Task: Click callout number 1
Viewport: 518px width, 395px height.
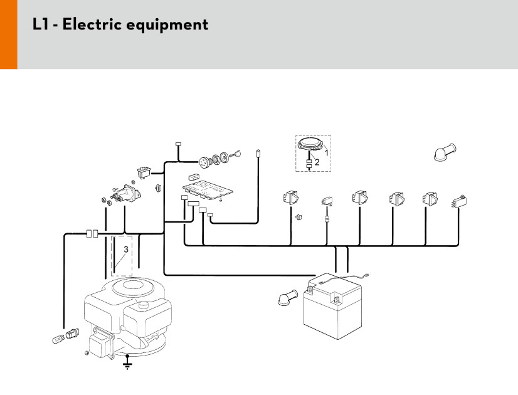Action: [326, 151]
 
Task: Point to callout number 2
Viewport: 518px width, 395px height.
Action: [317, 162]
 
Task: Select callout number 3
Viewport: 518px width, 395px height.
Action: [125, 250]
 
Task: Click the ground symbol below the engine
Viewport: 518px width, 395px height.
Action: [128, 362]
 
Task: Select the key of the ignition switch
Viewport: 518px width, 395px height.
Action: [236, 152]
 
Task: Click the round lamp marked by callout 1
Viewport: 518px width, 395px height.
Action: [310, 144]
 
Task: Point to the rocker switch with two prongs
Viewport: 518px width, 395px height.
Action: [144, 169]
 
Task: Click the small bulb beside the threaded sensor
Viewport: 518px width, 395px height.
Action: [57, 339]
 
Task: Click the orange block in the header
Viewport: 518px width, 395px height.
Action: [8, 34]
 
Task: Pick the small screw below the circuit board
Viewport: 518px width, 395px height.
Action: [221, 201]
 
